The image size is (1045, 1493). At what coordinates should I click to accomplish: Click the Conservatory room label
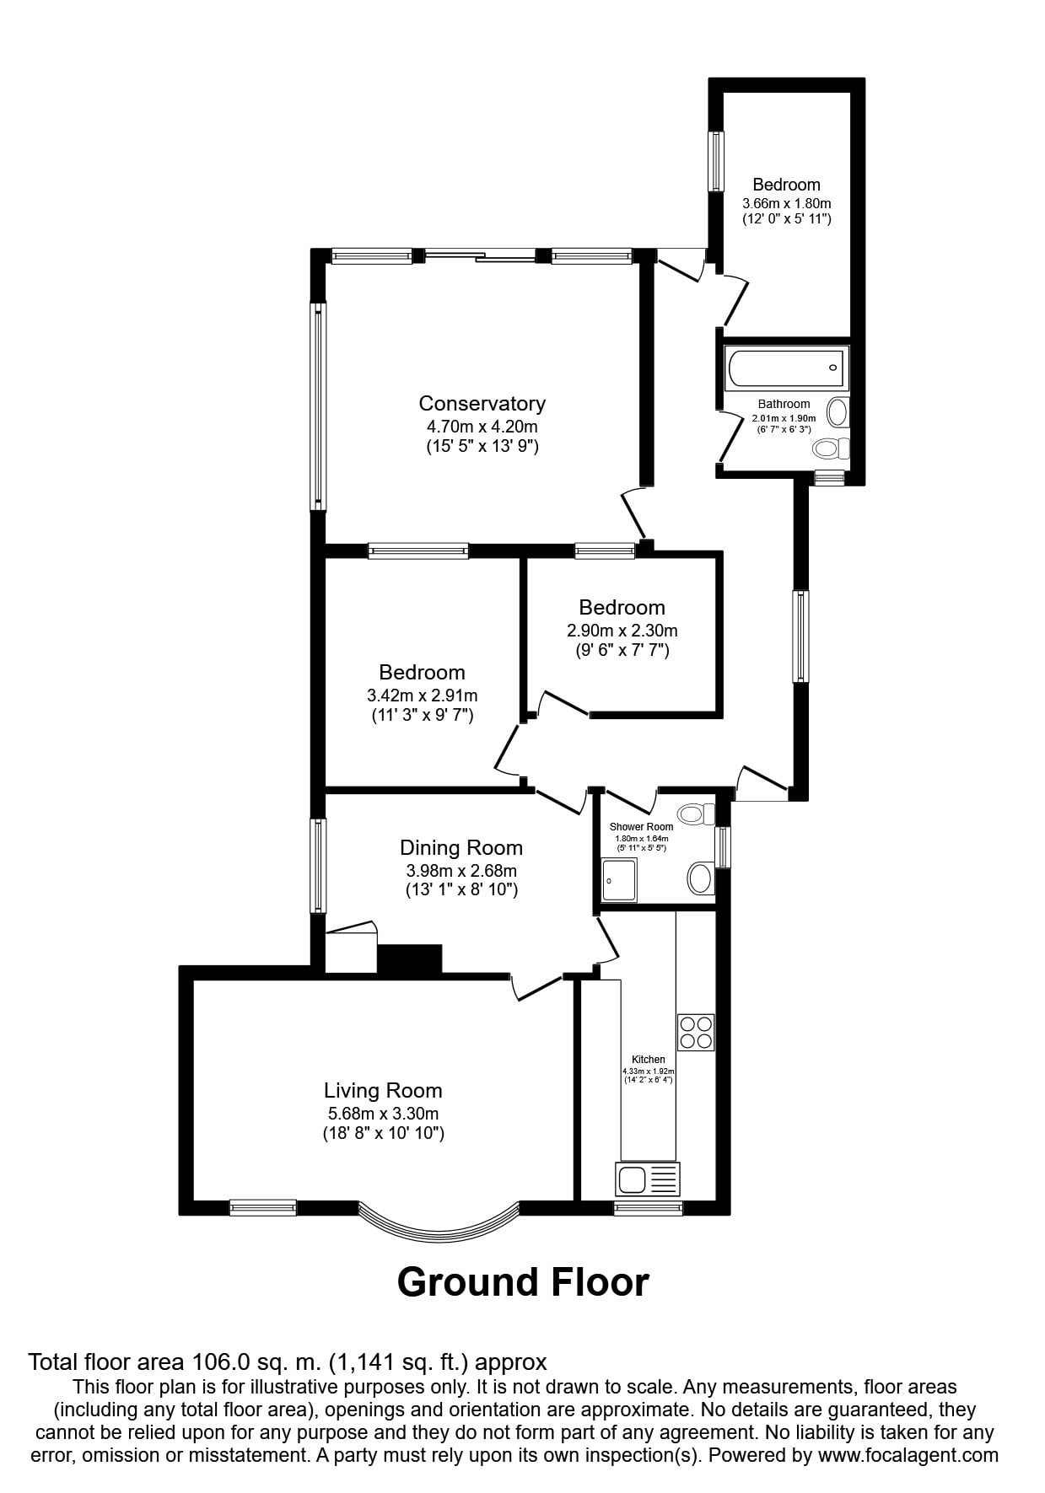pyautogui.click(x=482, y=404)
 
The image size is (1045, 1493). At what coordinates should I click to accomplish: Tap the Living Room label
pyautogui.click(x=384, y=1091)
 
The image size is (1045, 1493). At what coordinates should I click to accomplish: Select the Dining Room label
pyautogui.click(x=461, y=848)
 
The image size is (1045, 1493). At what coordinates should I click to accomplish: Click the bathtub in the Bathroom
pyautogui.click(x=786, y=368)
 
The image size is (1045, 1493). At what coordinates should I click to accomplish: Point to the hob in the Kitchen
pyautogui.click(x=696, y=1032)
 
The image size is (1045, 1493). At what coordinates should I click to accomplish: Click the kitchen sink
pyautogui.click(x=648, y=1179)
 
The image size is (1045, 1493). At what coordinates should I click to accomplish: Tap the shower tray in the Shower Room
pyautogui.click(x=620, y=880)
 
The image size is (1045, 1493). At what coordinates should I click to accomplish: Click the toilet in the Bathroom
pyautogui.click(x=831, y=447)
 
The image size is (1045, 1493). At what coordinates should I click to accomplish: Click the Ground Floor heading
pyautogui.click(x=523, y=1282)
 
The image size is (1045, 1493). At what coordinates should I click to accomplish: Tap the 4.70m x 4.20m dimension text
pyautogui.click(x=482, y=427)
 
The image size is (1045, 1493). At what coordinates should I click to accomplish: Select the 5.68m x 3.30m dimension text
pyautogui.click(x=384, y=1114)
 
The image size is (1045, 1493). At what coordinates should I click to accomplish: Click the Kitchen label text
pyautogui.click(x=649, y=1060)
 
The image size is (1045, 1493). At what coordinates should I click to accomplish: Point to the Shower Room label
pyautogui.click(x=642, y=827)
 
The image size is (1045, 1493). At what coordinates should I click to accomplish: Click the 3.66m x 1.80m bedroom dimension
pyautogui.click(x=787, y=203)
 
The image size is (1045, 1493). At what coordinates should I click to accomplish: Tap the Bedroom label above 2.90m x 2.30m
pyautogui.click(x=622, y=608)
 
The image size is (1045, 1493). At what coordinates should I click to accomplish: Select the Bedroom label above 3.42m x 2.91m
pyautogui.click(x=422, y=673)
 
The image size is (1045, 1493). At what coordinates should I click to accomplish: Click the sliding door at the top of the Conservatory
pyautogui.click(x=482, y=255)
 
